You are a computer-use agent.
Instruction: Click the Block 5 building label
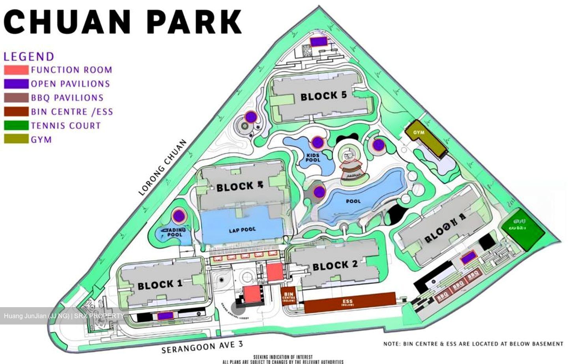[323, 96]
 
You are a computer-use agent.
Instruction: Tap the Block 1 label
[160, 285]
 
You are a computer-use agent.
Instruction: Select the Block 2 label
[335, 266]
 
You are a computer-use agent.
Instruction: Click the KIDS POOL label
[313, 158]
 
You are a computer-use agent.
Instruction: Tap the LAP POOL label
[242, 229]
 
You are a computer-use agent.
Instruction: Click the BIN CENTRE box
[289, 296]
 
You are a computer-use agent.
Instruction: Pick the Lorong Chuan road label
[163, 167]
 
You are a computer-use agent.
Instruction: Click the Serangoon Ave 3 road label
[202, 347]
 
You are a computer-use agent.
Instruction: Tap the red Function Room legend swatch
[16, 70]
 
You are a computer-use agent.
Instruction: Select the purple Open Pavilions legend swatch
[16, 84]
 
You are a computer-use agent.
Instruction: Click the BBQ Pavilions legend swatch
[16, 98]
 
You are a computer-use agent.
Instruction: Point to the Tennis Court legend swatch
[16, 126]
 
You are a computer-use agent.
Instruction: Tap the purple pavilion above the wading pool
[179, 216]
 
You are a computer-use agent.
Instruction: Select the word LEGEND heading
[29, 56]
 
